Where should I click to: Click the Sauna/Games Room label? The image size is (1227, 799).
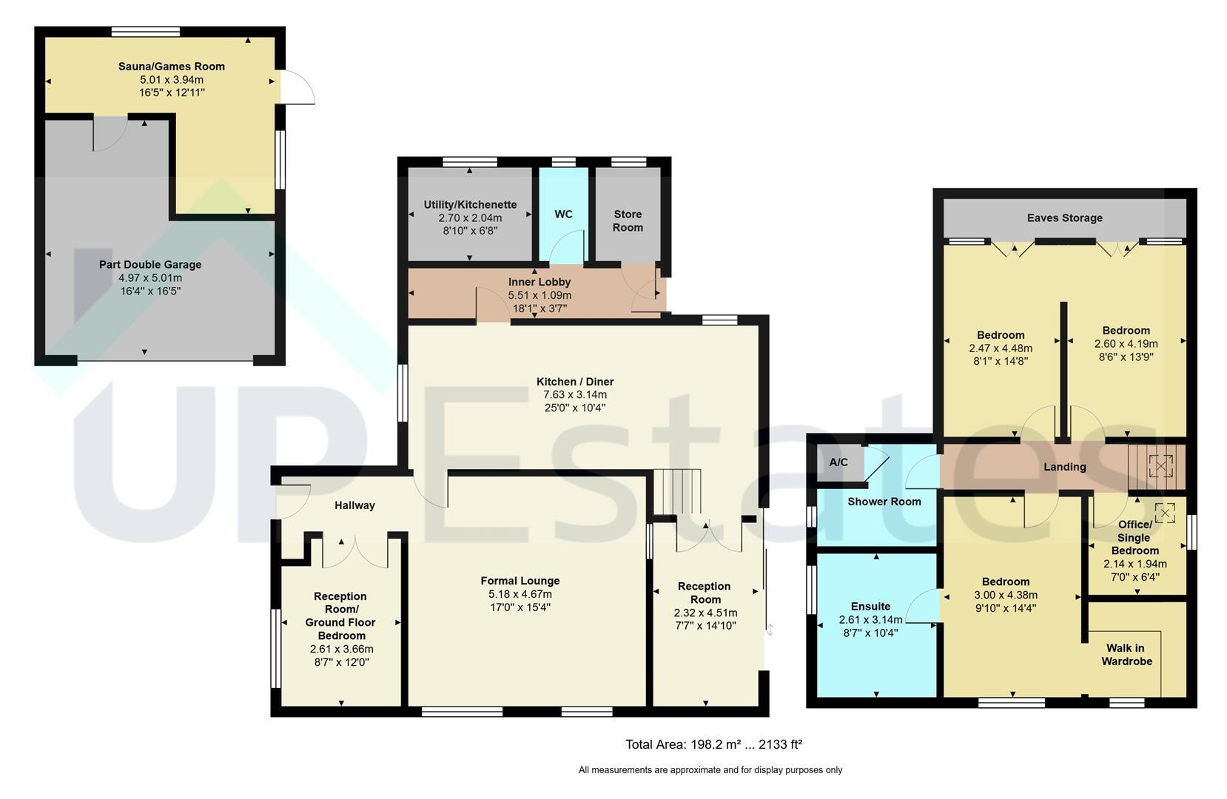(x=172, y=67)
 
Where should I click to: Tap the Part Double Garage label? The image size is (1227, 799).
(x=150, y=265)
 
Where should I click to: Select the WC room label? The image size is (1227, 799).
(x=563, y=214)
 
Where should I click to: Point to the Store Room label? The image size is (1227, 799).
(x=628, y=220)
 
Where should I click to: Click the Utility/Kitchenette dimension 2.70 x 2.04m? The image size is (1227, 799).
(x=470, y=218)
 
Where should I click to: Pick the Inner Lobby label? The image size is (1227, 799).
(x=539, y=282)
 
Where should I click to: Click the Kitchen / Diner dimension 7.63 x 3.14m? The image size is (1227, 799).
(x=574, y=395)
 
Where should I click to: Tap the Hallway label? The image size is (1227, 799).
(x=354, y=505)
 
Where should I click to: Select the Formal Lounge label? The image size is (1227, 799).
(x=520, y=581)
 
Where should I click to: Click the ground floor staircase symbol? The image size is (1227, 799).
(x=678, y=491)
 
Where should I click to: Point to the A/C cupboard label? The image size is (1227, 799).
(x=838, y=462)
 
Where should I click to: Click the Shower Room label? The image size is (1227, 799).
(x=884, y=502)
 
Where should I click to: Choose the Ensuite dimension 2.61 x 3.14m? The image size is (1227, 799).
(x=870, y=620)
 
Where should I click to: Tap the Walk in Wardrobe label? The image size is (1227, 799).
(x=1126, y=655)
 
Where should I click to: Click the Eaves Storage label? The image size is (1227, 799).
(x=1064, y=218)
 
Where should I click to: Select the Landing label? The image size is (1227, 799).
(x=1064, y=467)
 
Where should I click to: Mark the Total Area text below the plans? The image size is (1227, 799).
(x=713, y=745)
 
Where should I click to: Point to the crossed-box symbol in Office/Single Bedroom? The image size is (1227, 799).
(x=1165, y=513)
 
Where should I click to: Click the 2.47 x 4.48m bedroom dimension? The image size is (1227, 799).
(x=1001, y=348)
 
